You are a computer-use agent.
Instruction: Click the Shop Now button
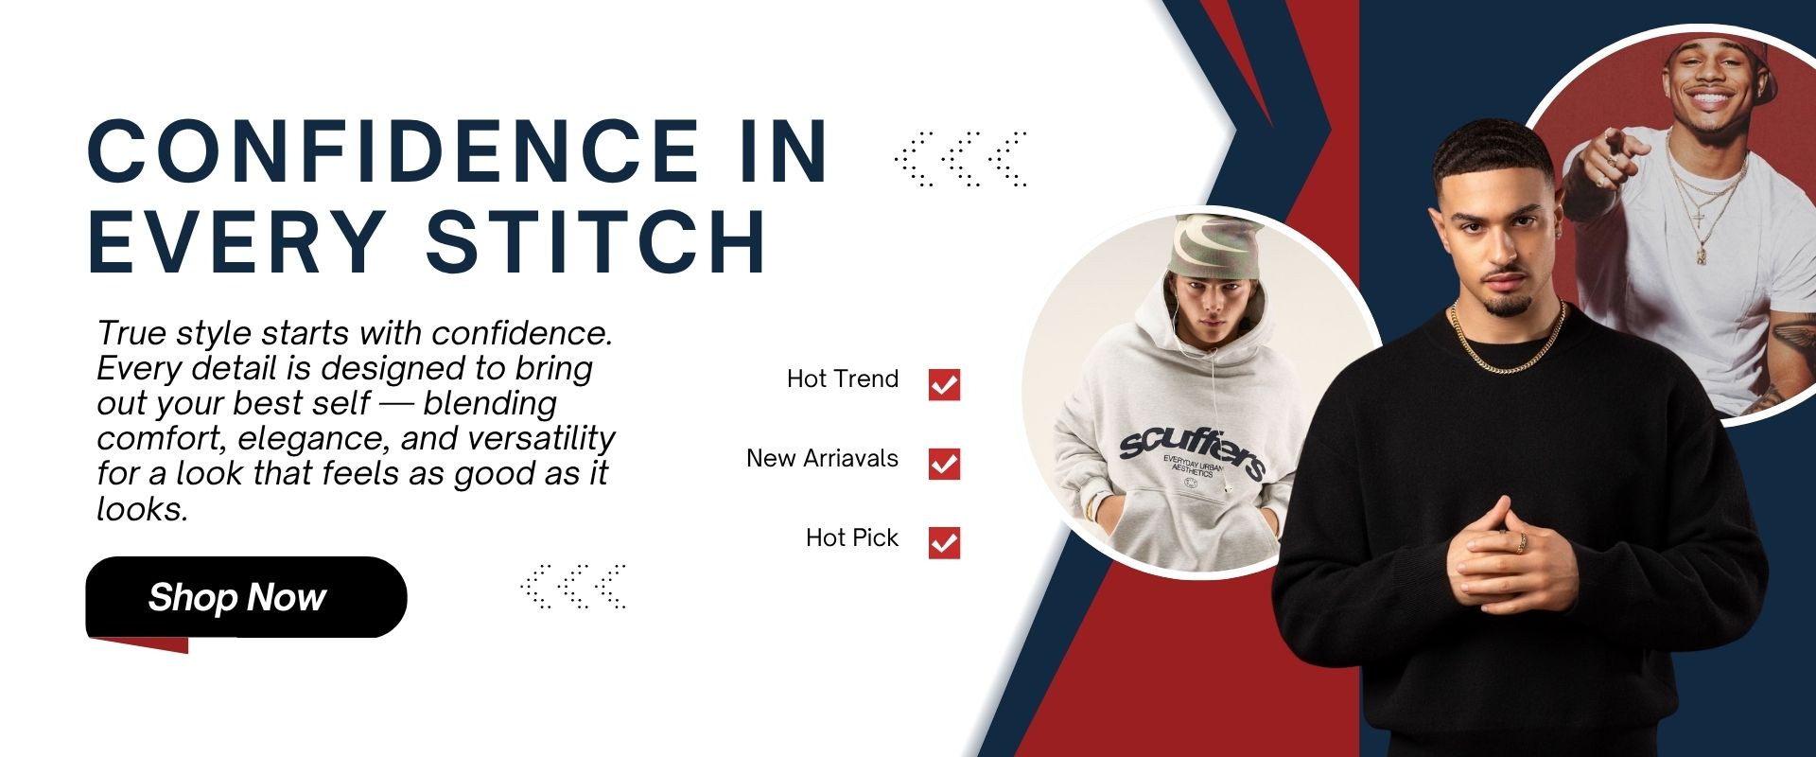click(246, 597)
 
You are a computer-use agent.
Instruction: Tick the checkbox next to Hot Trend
click(944, 385)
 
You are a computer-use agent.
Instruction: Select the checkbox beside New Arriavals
click(944, 464)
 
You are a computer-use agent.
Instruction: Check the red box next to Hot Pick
click(944, 542)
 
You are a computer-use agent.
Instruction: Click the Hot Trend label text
click(843, 378)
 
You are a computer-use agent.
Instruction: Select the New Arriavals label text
click(822, 458)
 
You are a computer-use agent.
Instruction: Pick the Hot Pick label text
click(852, 537)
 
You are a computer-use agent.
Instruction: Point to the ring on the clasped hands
click(1522, 542)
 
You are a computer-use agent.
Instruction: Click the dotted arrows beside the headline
click(960, 159)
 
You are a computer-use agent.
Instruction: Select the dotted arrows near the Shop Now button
click(573, 587)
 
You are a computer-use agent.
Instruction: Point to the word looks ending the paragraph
click(142, 509)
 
